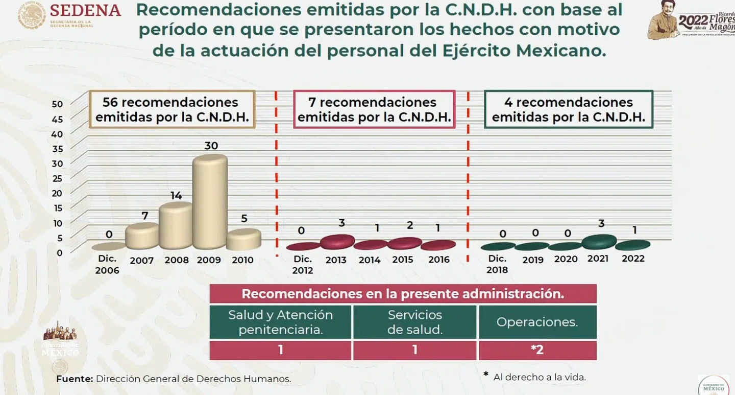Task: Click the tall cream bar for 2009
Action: pos(209,202)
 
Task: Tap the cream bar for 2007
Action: pos(142,236)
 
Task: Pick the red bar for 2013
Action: pos(337,242)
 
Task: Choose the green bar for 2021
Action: pos(599,241)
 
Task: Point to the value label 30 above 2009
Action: pos(211,146)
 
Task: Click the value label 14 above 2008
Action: pos(176,195)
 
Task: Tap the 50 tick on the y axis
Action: pos(57,104)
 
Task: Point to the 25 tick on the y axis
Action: pos(57,178)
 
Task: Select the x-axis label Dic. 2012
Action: pos(303,265)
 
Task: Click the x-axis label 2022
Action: pos(633,259)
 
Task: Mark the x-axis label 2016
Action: pos(439,260)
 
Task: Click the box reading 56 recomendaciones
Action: pos(172,110)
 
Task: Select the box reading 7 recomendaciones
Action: pos(374,110)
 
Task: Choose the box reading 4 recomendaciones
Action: pos(568,110)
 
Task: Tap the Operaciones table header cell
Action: pos(537,322)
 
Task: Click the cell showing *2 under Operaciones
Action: pos(537,350)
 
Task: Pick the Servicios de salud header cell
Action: pos(414,322)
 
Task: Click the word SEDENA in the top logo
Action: pos(85,10)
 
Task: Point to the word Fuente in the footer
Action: pos(75,379)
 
